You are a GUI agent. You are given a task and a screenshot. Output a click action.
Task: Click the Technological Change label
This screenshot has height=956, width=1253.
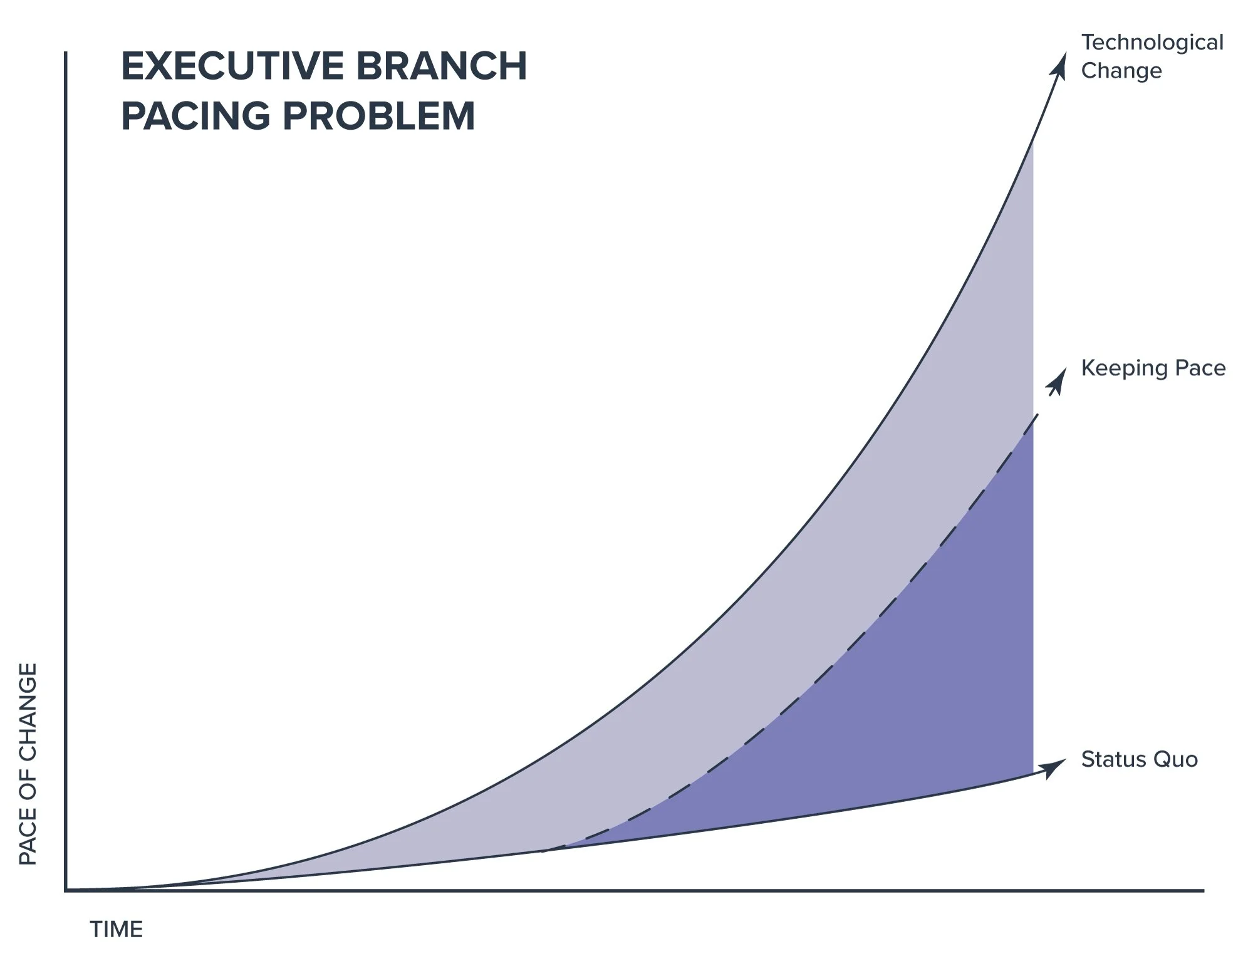(x=1152, y=56)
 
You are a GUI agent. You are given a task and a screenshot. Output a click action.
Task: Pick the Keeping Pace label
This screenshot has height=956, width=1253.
(x=1153, y=368)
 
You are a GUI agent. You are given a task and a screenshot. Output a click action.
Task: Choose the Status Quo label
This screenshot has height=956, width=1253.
(x=1140, y=759)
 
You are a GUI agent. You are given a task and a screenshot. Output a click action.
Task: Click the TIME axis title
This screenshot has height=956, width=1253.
(x=117, y=930)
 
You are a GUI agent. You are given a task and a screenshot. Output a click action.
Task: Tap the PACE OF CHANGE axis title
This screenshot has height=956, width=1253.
(x=28, y=764)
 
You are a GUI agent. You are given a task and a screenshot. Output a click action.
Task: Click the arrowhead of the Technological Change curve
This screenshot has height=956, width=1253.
(x=1059, y=66)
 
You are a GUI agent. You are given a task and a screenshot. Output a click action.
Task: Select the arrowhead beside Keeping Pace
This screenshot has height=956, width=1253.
(x=1058, y=382)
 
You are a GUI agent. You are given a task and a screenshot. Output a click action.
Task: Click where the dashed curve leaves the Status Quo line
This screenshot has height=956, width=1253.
(x=544, y=851)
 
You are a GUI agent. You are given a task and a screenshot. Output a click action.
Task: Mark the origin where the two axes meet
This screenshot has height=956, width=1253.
(x=65, y=890)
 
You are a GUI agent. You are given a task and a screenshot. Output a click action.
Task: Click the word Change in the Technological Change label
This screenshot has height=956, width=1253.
(x=1121, y=71)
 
